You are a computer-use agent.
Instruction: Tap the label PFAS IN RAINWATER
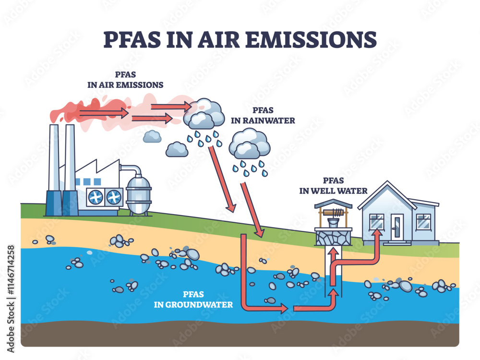tap(263, 116)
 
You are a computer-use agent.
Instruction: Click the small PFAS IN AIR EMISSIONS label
tap(125, 80)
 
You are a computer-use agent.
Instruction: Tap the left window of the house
tap(376, 221)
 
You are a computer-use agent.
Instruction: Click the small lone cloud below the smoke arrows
tap(152, 136)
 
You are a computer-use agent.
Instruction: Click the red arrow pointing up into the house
tap(377, 240)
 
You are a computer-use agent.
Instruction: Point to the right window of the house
tap(423, 221)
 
